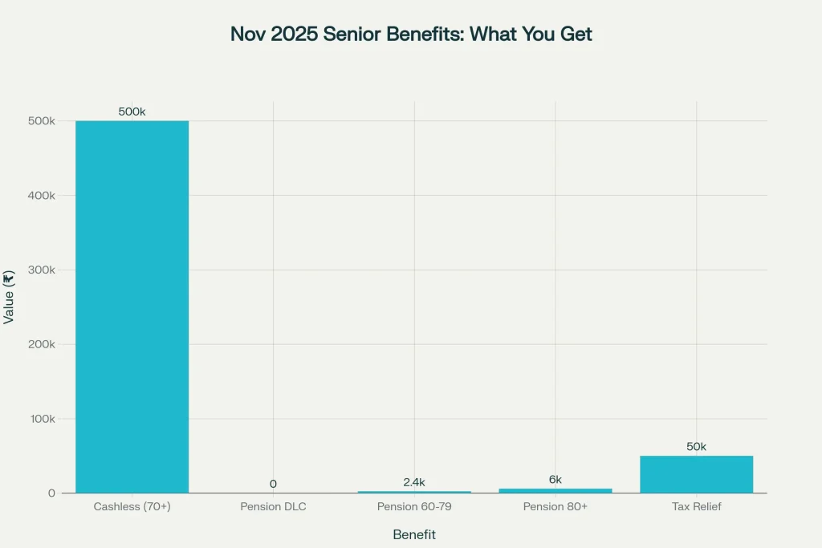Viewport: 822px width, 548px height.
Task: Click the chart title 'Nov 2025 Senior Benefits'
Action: click(411, 35)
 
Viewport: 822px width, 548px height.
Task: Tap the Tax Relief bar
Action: click(696, 474)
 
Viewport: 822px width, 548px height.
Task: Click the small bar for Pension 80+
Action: click(555, 490)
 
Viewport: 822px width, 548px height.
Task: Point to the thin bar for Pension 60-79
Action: click(414, 492)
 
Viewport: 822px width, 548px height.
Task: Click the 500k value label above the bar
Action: click(132, 112)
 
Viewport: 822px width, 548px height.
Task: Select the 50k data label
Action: click(696, 446)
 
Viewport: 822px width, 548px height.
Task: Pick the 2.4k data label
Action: click(414, 481)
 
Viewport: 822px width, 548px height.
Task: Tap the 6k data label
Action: click(555, 479)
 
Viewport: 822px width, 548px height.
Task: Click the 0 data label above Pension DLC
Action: click(273, 484)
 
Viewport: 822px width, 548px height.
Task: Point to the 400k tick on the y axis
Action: click(42, 196)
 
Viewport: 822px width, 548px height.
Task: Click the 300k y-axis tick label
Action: click(42, 270)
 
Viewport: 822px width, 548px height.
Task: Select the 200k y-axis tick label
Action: click(42, 344)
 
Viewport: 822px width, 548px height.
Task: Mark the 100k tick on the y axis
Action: click(42, 419)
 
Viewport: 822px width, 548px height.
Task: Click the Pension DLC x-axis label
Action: click(273, 507)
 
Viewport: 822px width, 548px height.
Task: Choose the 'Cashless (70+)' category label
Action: click(132, 507)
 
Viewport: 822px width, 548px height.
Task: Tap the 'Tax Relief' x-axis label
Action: click(696, 507)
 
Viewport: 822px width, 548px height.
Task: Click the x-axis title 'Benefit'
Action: click(414, 534)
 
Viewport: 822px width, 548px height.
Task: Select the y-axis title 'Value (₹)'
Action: click(10, 297)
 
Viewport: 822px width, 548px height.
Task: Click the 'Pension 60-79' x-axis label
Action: click(414, 507)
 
